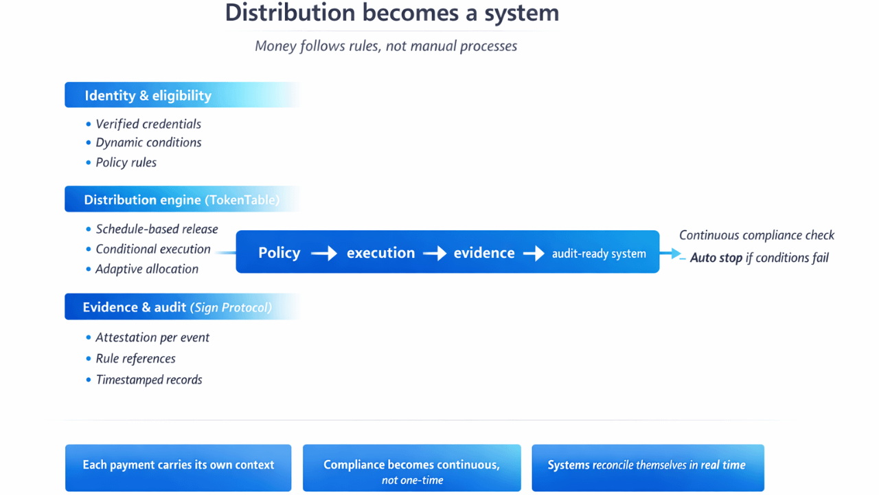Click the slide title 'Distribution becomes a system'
point(392,13)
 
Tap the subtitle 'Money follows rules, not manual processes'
point(386,46)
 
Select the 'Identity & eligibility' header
point(148,96)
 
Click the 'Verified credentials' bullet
point(148,124)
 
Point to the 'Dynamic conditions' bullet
point(148,143)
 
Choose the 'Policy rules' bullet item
point(126,163)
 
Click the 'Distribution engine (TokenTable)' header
point(181,200)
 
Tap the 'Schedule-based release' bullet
point(157,230)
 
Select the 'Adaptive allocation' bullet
point(147,269)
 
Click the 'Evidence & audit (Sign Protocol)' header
point(177,307)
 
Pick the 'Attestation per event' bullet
point(152,338)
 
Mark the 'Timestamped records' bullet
point(149,380)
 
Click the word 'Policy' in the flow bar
point(279,253)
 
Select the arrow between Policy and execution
point(323,254)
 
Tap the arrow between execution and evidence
point(435,254)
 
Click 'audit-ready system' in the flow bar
point(599,254)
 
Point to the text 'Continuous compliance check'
point(757,235)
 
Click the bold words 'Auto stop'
point(716,258)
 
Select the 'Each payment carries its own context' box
point(179,467)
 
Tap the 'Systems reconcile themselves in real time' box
point(648,467)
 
